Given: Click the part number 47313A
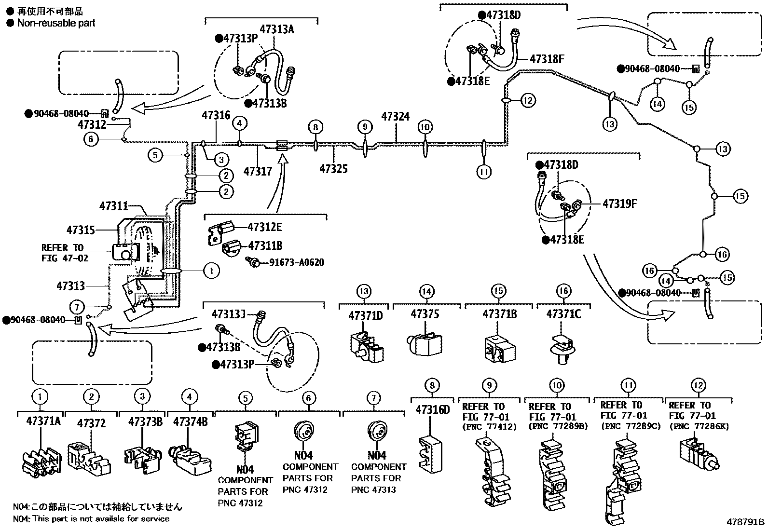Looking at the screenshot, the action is coord(277,29).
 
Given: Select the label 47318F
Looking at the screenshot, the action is coord(547,59).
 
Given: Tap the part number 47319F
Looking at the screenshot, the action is coord(619,204).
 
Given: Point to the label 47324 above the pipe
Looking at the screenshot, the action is coord(396,117).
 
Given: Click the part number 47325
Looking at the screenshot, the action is coord(333,169).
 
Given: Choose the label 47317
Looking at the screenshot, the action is coord(258,171).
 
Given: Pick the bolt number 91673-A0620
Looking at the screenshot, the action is coord(297,262).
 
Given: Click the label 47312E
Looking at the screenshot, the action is coord(265,227).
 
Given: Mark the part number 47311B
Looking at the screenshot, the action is coord(265,246).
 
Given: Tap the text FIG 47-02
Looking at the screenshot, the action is coord(65,258).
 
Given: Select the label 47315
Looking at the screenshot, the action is coord(81,230).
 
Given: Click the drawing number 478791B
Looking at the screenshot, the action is coord(745,522).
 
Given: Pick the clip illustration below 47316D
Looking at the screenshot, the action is coord(431,454).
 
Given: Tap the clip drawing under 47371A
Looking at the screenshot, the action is coord(42,462).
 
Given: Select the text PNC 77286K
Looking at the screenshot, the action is coord(699,426).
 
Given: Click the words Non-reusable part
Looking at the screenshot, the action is coord(56,23).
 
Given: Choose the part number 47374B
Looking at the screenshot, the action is coord(190,421).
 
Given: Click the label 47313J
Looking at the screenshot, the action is coord(228,314).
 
